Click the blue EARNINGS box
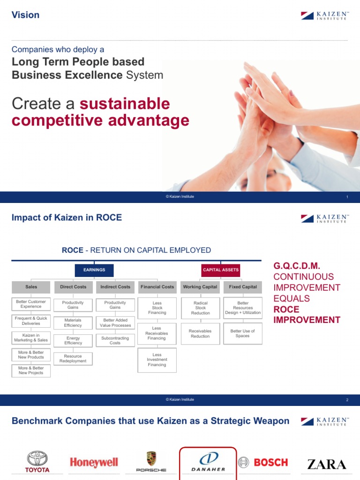[x=94, y=270]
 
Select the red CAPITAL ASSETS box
[x=221, y=270]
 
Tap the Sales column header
[x=31, y=287]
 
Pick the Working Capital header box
[x=200, y=287]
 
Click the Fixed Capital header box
[x=242, y=287]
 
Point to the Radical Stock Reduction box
[x=200, y=308]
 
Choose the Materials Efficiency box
[x=73, y=323]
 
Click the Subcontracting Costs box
[x=115, y=340]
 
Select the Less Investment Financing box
[x=157, y=360]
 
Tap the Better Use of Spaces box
[x=242, y=333]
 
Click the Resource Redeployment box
[x=73, y=359]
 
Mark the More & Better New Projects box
[x=31, y=371]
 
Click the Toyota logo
[x=37, y=462]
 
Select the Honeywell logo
[x=94, y=463]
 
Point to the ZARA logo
[x=327, y=464]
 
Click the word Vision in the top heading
[x=25, y=15]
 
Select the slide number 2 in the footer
[x=347, y=400]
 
